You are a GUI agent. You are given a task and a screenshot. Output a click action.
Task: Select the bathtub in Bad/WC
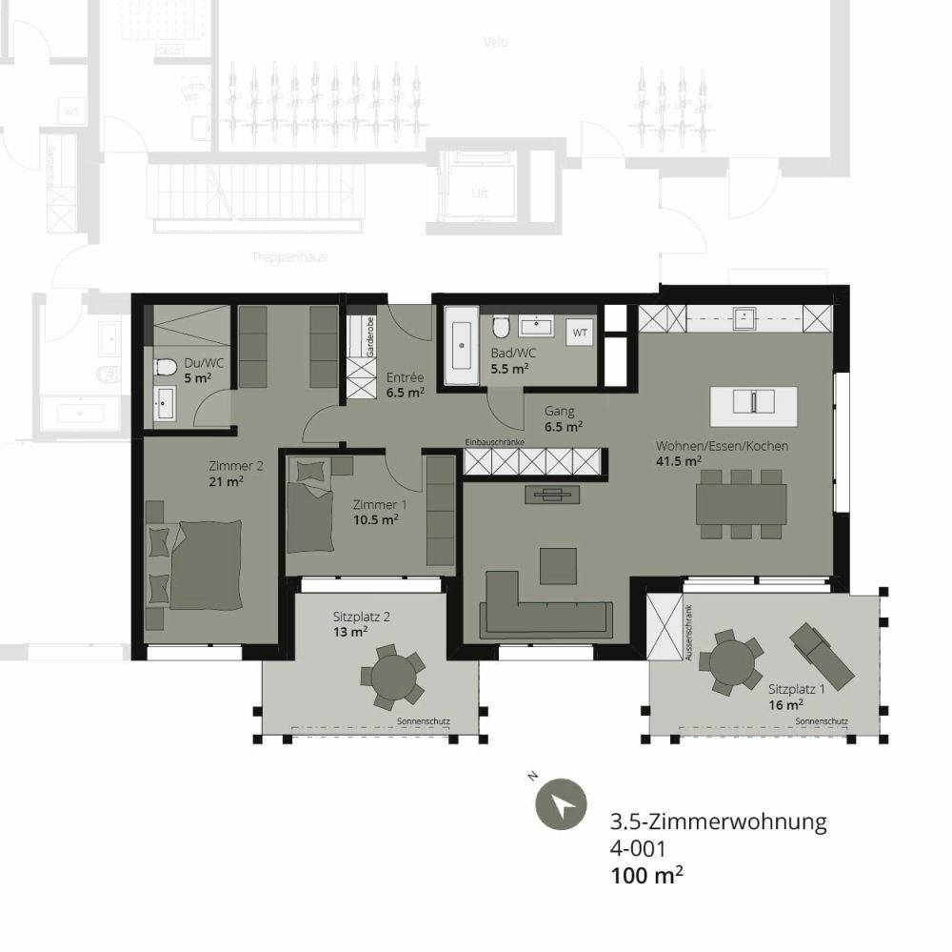[x=462, y=345]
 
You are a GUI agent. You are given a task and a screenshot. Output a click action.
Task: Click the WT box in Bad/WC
[x=579, y=334]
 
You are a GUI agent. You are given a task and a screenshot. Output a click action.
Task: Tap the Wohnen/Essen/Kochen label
[x=722, y=446]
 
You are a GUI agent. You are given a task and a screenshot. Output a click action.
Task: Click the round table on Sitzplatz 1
[x=729, y=663]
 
